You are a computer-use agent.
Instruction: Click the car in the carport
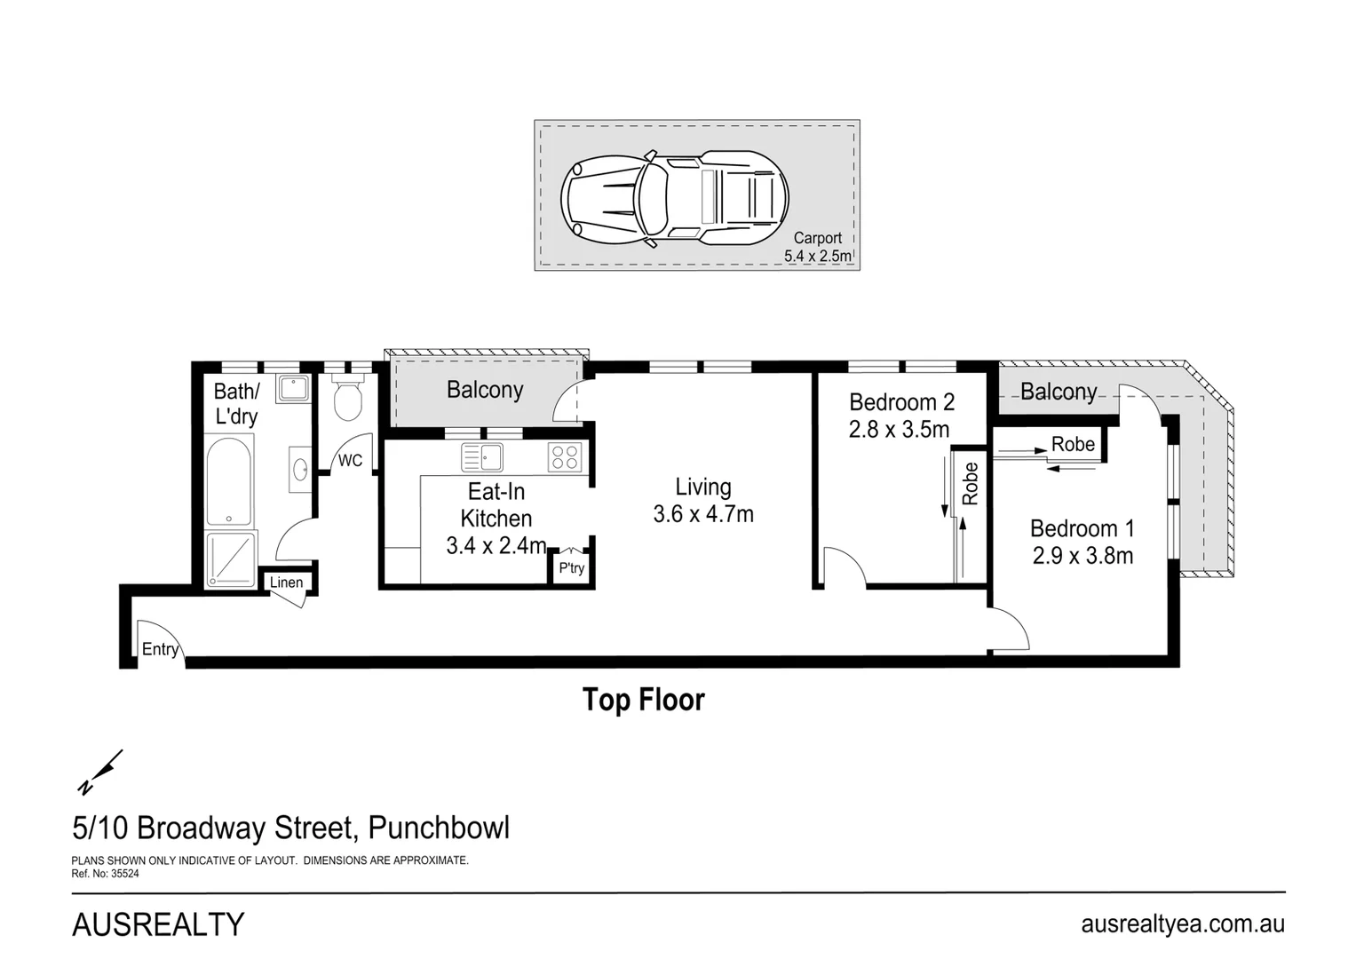(x=675, y=197)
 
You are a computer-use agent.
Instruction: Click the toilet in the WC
(x=348, y=400)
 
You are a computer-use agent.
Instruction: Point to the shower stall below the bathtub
(x=230, y=559)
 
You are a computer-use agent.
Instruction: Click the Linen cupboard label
(x=286, y=583)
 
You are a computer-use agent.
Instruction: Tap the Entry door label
(x=160, y=649)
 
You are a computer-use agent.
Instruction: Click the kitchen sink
(x=482, y=457)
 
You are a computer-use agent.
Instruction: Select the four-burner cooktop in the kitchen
(x=565, y=457)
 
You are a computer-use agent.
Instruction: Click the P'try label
(x=571, y=568)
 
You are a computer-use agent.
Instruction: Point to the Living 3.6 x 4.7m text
(x=703, y=500)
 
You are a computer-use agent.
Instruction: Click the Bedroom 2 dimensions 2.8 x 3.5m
(x=899, y=430)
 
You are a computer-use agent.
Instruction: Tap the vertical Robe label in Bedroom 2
(x=970, y=484)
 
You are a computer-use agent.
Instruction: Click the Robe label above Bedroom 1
(x=1073, y=444)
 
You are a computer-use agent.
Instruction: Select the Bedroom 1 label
(x=1082, y=528)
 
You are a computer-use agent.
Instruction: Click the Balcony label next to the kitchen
(x=485, y=390)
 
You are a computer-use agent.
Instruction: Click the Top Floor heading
(x=643, y=700)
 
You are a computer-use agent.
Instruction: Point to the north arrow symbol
(x=99, y=773)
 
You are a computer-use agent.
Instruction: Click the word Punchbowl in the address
(x=439, y=828)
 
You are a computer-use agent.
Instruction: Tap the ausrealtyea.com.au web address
(x=1182, y=923)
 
